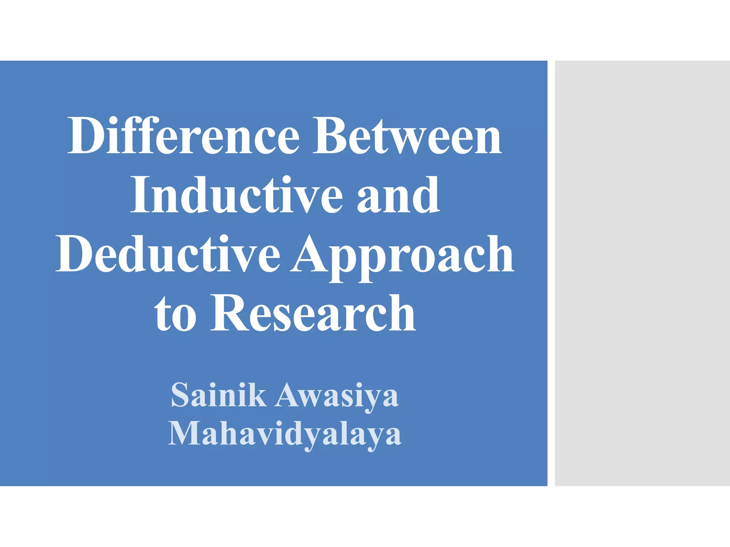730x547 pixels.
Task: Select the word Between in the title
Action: click(407, 136)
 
